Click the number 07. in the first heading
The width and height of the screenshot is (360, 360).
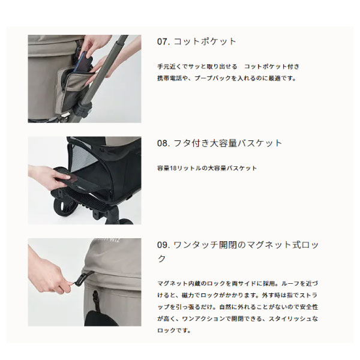click(x=163, y=41)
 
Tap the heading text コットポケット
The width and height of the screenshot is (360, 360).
click(x=205, y=41)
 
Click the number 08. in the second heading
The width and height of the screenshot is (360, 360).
click(x=163, y=143)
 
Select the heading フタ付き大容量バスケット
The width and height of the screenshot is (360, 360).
click(x=228, y=143)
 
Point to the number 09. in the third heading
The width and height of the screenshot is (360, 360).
click(x=163, y=245)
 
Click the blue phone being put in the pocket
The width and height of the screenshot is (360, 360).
click(x=86, y=61)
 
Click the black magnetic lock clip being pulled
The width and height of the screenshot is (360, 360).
click(x=83, y=278)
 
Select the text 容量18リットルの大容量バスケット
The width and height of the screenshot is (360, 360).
click(x=207, y=168)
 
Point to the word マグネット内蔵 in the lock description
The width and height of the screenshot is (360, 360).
click(x=179, y=284)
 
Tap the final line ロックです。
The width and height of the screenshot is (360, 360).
click(x=174, y=331)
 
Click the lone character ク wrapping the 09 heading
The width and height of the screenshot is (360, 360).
click(x=161, y=259)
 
